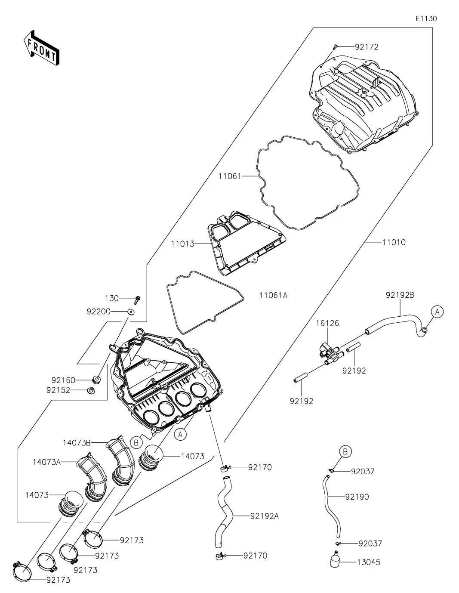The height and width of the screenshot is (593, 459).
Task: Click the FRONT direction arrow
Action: coord(41,47)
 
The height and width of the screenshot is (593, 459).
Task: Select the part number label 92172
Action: coord(367,47)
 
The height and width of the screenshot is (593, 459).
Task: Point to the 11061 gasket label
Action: coord(230,176)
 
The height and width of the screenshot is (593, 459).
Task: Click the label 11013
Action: coord(182,244)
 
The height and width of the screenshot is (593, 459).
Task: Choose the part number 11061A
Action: coord(273,295)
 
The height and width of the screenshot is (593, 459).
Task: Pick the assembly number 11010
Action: coord(394,242)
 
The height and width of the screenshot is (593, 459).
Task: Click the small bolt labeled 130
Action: coord(138,298)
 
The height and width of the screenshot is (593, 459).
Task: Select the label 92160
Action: coord(63,380)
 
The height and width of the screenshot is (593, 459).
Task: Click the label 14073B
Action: coord(76,442)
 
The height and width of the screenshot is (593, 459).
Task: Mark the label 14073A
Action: coord(46,462)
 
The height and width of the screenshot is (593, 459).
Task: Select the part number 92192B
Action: coord(400,295)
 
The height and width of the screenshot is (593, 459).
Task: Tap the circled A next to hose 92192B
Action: coord(437,311)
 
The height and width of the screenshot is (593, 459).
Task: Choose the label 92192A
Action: coord(264,516)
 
